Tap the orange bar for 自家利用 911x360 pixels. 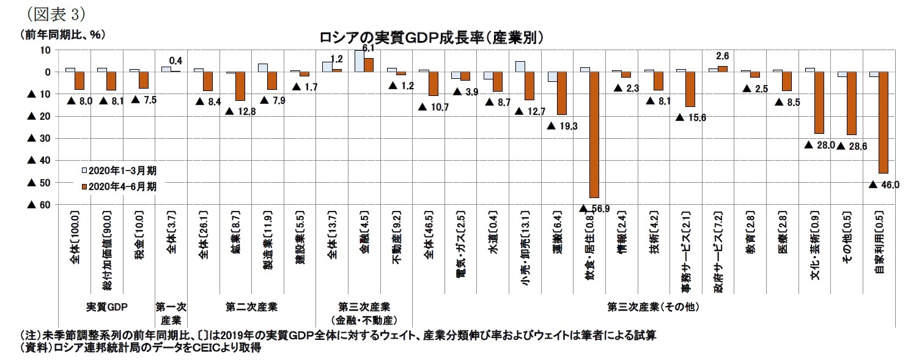pos(883,122)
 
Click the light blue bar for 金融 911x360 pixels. pos(360,61)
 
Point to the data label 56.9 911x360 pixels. pos(597,209)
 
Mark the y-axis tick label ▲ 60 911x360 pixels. pos(37,205)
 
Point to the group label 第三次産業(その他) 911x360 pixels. pos(652,306)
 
